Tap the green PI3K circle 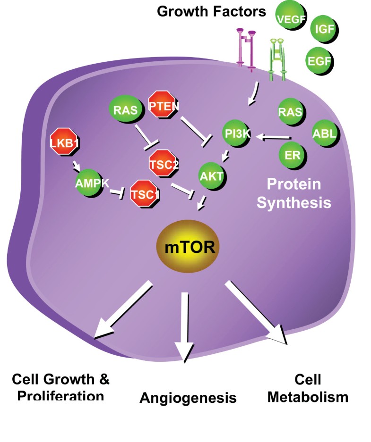238,134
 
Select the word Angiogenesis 188,398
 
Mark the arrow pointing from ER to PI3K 273,138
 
